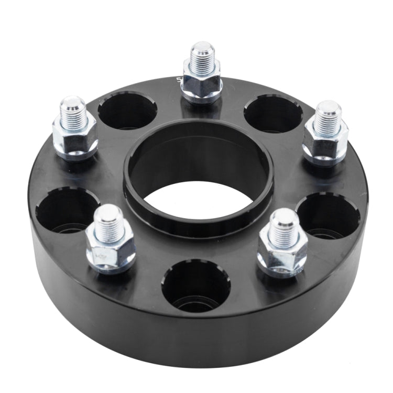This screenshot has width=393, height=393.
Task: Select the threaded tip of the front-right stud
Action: [284, 223]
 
